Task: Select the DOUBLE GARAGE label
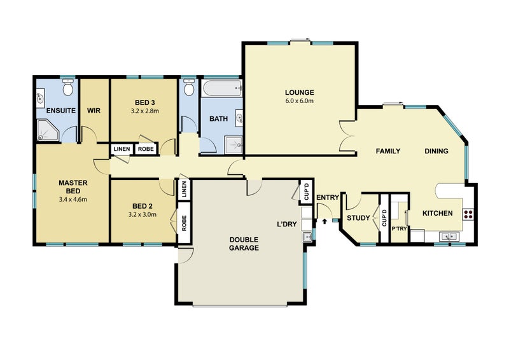(x=244, y=244)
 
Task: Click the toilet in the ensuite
(x=67, y=88)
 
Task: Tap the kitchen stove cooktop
(x=468, y=214)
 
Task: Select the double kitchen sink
(x=449, y=237)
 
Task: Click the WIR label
(x=95, y=111)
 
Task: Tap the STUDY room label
(x=358, y=219)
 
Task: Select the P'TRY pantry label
(x=399, y=228)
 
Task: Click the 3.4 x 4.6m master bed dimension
(x=72, y=199)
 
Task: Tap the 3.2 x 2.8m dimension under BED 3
(x=144, y=111)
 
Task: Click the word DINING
(x=436, y=151)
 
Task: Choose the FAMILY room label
(x=388, y=151)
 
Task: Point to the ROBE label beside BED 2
(x=184, y=224)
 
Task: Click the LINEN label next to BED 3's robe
(x=122, y=149)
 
